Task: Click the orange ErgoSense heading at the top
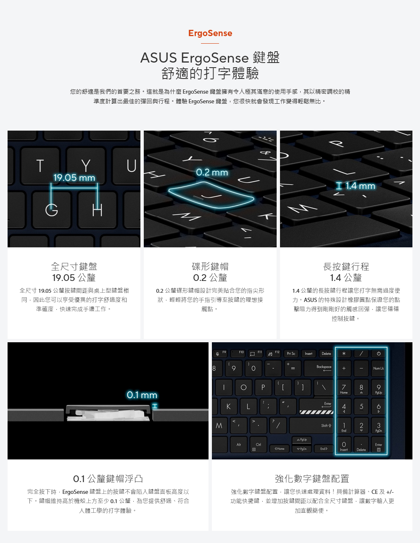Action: [x=210, y=33]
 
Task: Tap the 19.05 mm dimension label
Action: [x=74, y=178]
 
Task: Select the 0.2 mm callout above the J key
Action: [x=212, y=173]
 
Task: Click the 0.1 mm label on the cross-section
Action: [x=142, y=395]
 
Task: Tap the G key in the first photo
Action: [x=51, y=210]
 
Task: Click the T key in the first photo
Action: [x=40, y=166]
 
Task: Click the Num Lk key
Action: [x=378, y=368]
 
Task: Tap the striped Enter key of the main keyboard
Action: [x=316, y=407]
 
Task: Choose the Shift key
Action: [x=312, y=425]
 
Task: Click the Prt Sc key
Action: [x=291, y=354]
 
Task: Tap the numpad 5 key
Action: [x=361, y=407]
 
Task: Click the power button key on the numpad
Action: [x=378, y=354]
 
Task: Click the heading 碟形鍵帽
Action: [x=210, y=267]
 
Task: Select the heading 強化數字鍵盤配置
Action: [x=312, y=478]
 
